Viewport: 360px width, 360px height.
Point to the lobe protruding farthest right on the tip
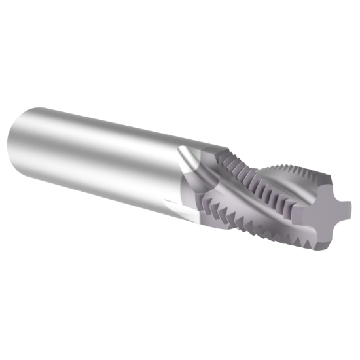[x=346, y=208]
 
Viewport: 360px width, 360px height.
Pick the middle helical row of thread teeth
[x=262, y=196]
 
